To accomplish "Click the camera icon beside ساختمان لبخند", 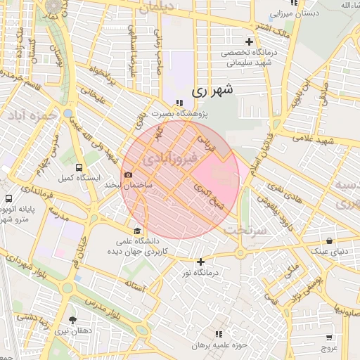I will [x=128, y=174].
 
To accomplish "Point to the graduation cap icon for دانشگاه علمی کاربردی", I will [x=136, y=231].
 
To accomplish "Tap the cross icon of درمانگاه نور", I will [x=200, y=262].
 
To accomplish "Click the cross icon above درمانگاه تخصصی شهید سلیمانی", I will [x=249, y=41].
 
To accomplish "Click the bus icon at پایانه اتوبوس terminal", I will [x=8, y=199].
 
